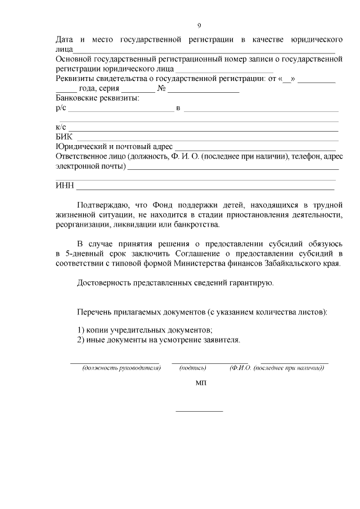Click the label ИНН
click(64, 186)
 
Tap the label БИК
click(64, 137)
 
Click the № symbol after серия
click(161, 88)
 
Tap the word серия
click(109, 88)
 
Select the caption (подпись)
click(193, 368)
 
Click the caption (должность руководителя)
click(121, 368)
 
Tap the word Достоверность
click(103, 283)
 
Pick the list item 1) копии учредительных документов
click(145, 330)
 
